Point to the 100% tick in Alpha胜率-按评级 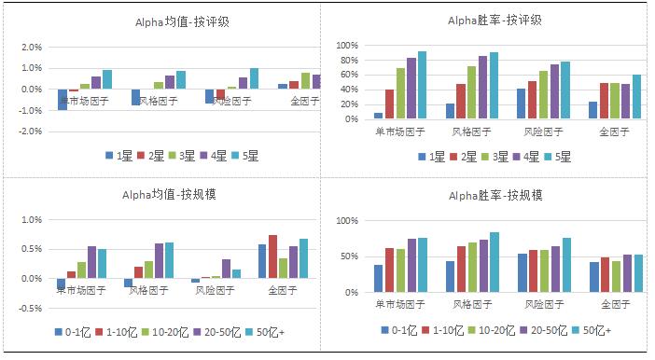[347, 46]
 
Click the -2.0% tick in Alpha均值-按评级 [31, 132]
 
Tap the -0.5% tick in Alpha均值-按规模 [31, 308]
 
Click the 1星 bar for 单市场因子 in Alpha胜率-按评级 [379, 116]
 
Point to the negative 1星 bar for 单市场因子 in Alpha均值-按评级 [63, 100]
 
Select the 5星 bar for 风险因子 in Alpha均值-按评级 [254, 78]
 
